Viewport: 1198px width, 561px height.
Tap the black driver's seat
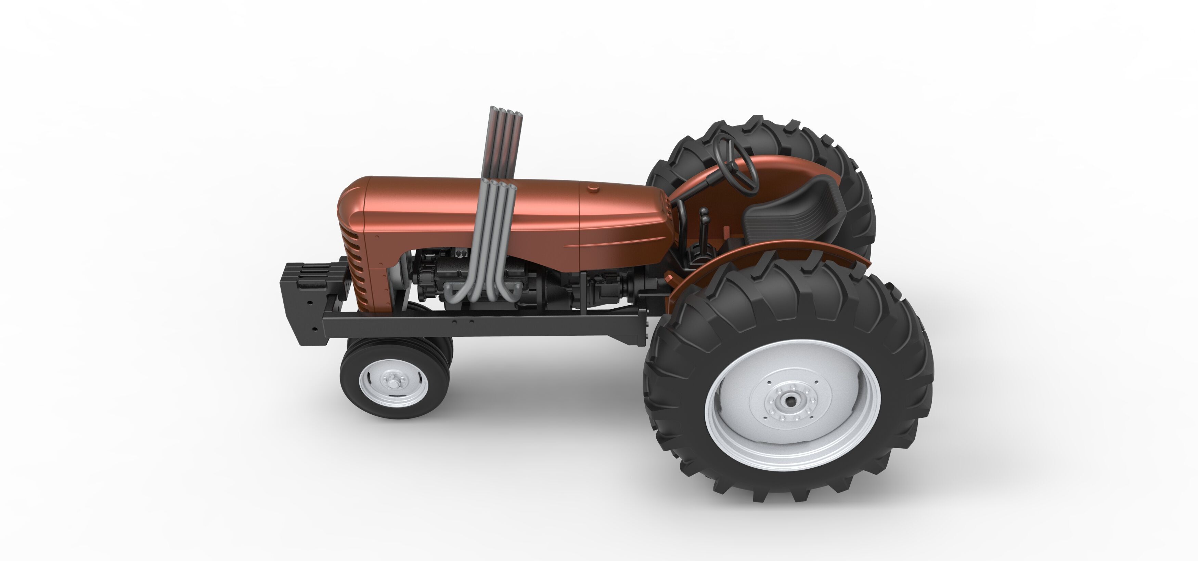pos(790,214)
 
